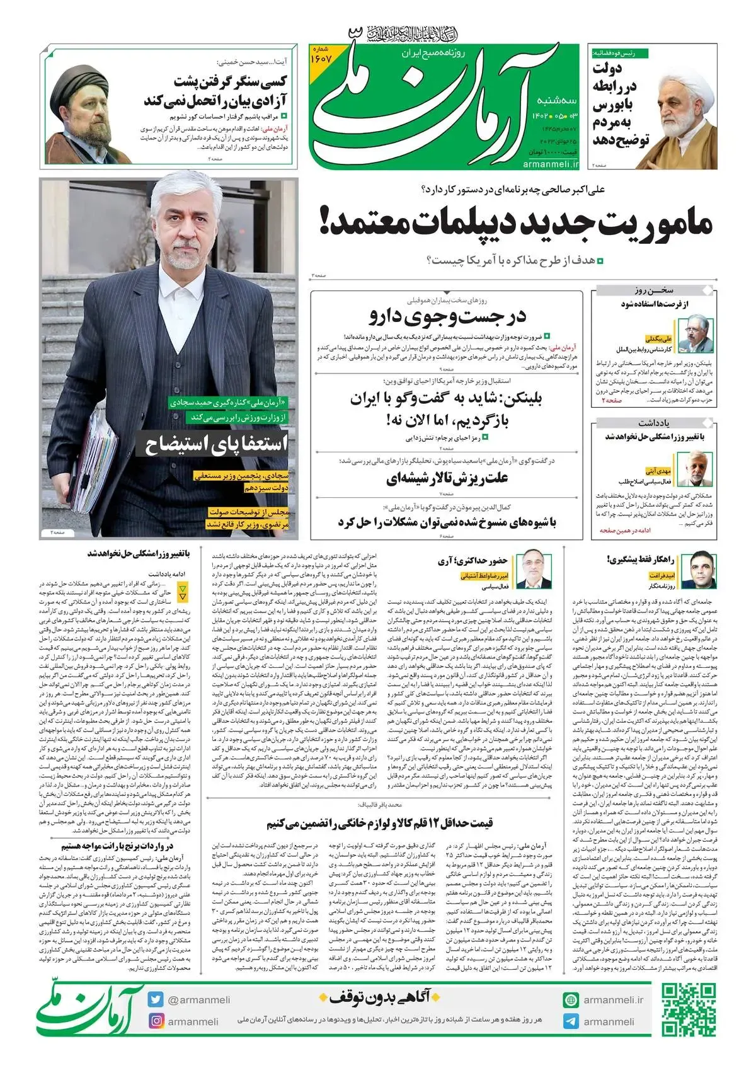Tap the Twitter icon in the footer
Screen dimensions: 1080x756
(x=156, y=999)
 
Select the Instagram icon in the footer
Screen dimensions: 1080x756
(x=156, y=1021)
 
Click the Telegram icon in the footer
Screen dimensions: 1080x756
(x=571, y=1021)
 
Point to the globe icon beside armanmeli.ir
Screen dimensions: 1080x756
(x=571, y=999)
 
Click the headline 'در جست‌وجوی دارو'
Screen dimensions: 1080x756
(x=447, y=316)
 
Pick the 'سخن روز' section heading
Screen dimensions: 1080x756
(x=654, y=290)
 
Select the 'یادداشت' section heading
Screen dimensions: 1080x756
(x=653, y=422)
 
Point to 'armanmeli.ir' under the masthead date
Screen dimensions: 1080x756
(x=550, y=164)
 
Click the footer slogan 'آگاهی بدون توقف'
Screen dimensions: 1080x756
(x=375, y=996)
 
